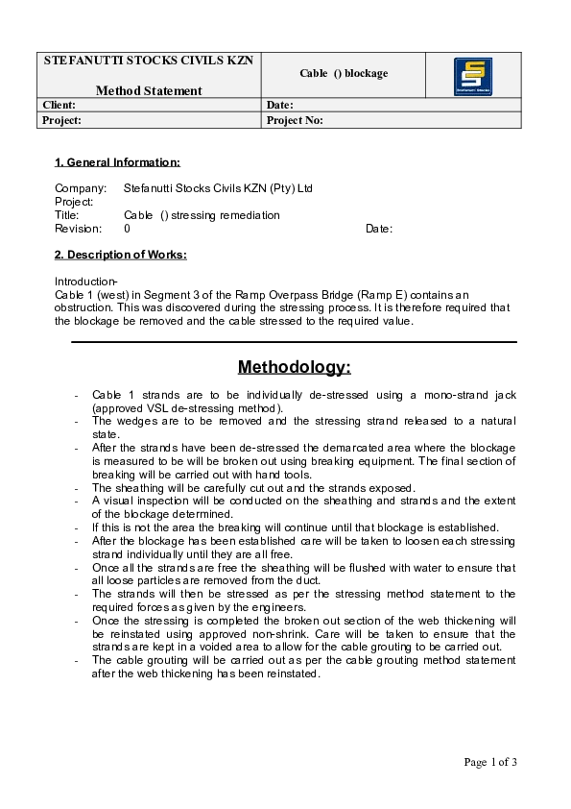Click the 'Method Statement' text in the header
point(149,91)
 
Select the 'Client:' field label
point(59,105)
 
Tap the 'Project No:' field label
point(295,120)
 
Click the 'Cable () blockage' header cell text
point(344,73)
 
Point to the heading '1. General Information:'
point(117,162)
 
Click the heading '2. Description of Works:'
point(120,255)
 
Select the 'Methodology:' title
point(294,367)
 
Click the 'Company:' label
point(80,188)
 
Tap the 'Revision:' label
point(78,229)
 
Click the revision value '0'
point(128,229)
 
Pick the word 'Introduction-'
point(85,281)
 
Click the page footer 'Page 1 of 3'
point(490,762)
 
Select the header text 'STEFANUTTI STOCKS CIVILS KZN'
point(149,60)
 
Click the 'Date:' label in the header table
point(279,105)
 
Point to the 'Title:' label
point(67,215)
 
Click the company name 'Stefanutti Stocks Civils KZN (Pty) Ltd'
point(218,188)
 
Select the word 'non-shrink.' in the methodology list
point(323,634)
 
